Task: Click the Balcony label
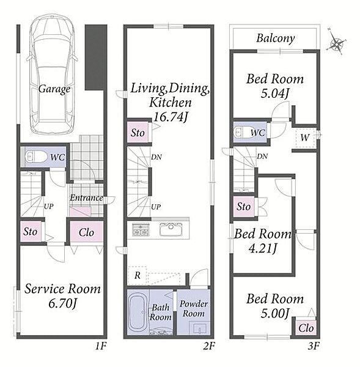pyautogui.click(x=275, y=39)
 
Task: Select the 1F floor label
pyautogui.click(x=101, y=346)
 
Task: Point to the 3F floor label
pyautogui.click(x=314, y=346)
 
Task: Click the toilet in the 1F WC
pyautogui.click(x=36, y=156)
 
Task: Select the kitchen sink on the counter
pyautogui.click(x=171, y=229)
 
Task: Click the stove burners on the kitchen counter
pyautogui.click(x=141, y=229)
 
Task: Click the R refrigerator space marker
pyautogui.click(x=138, y=275)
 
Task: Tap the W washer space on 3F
pyautogui.click(x=305, y=138)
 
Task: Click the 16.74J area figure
pyautogui.click(x=171, y=117)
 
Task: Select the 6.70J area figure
pyautogui.click(x=62, y=304)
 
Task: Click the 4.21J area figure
pyautogui.click(x=263, y=248)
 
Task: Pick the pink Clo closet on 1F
pyautogui.click(x=86, y=231)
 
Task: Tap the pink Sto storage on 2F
pyautogui.click(x=138, y=132)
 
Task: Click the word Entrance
pyautogui.click(x=86, y=198)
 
